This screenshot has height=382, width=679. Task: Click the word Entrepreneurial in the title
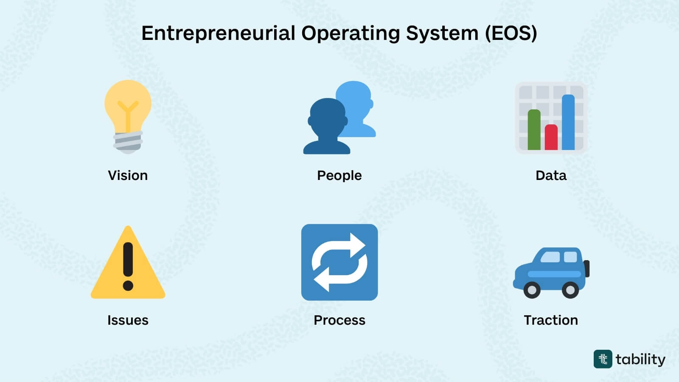point(218,33)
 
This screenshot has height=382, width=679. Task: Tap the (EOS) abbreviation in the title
point(511,33)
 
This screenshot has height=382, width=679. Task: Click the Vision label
point(128,175)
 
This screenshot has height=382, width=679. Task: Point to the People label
point(339,175)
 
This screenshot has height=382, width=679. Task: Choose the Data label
point(551,175)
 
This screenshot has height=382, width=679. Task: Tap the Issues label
point(128,320)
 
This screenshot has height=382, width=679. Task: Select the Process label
point(339,320)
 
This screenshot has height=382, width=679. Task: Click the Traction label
point(551,320)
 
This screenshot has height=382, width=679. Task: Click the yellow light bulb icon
point(128,104)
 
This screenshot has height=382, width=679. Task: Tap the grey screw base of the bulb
point(128,142)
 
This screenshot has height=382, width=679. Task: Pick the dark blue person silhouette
point(327,127)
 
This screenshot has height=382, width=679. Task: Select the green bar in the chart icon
point(534,129)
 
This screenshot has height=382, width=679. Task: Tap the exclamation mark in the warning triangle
point(128,265)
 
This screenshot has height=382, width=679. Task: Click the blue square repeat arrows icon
point(339,262)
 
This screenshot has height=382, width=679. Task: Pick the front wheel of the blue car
point(532,290)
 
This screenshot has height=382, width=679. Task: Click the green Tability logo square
point(603,359)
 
